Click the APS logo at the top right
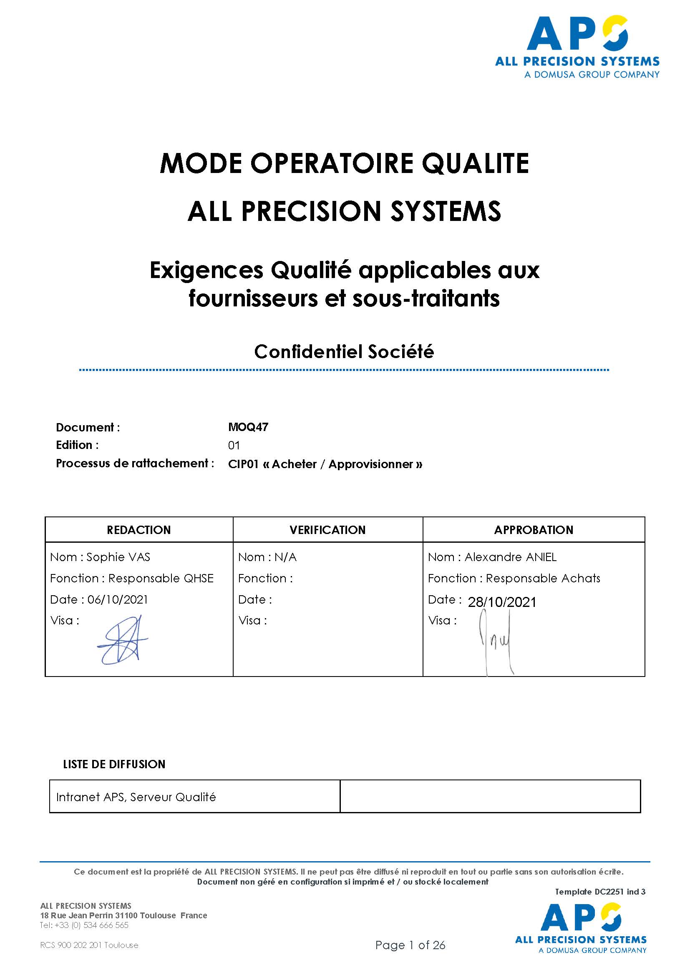(x=577, y=47)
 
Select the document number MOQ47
(x=248, y=427)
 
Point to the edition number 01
(x=234, y=446)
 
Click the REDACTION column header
(x=139, y=530)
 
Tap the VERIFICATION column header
(x=327, y=530)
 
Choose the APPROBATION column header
(x=534, y=530)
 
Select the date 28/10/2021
(x=502, y=602)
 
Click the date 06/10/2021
(x=118, y=599)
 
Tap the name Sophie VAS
(x=118, y=557)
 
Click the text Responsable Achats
(x=543, y=579)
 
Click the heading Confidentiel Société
(x=344, y=352)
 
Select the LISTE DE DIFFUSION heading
(x=114, y=764)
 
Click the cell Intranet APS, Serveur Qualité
(x=136, y=797)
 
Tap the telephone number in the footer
(x=84, y=925)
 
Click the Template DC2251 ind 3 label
(x=600, y=892)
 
